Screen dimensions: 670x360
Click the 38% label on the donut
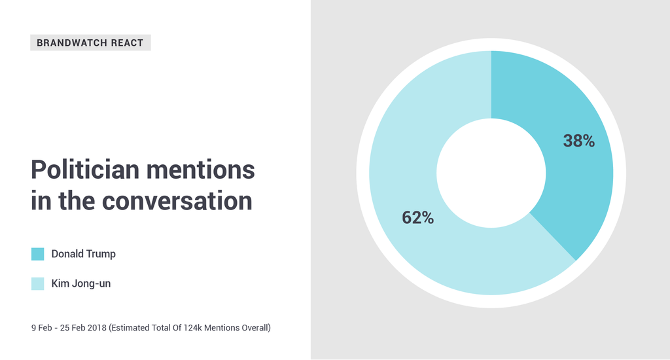pyautogui.click(x=578, y=141)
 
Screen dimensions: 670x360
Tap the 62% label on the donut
pyautogui.click(x=417, y=217)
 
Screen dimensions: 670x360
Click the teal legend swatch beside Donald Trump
pyautogui.click(x=37, y=254)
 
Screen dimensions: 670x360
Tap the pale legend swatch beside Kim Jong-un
pyautogui.click(x=37, y=283)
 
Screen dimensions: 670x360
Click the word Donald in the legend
pyautogui.click(x=67, y=253)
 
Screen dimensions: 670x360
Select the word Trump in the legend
pyautogui.click(x=101, y=254)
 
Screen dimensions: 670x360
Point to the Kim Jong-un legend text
pyautogui.click(x=80, y=283)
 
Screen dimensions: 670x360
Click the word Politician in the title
pyautogui.click(x=85, y=170)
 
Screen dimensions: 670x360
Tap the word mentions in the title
pyautogui.click(x=200, y=170)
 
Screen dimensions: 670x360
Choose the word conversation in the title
pyautogui.click(x=177, y=200)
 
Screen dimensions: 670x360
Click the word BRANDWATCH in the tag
pyautogui.click(x=72, y=43)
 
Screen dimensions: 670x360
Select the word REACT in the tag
pyautogui.click(x=128, y=43)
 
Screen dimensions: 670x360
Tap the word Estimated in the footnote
pyautogui.click(x=128, y=328)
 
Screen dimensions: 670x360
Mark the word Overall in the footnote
pyautogui.click(x=256, y=328)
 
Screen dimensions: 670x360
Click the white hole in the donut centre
pyautogui.click(x=491, y=173)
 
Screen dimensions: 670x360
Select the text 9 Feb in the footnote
pyautogui.click(x=41, y=328)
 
